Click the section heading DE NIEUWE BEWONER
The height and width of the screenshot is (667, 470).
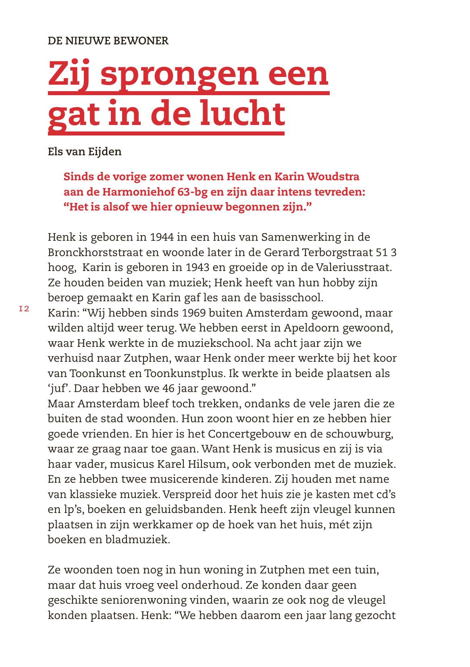pyautogui.click(x=108, y=41)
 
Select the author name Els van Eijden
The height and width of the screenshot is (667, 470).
pyautogui.click(x=85, y=152)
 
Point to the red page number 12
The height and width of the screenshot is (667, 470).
pyautogui.click(x=24, y=309)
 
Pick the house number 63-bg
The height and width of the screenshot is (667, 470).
pyautogui.click(x=192, y=192)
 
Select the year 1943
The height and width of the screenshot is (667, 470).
pyautogui.click(x=198, y=267)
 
